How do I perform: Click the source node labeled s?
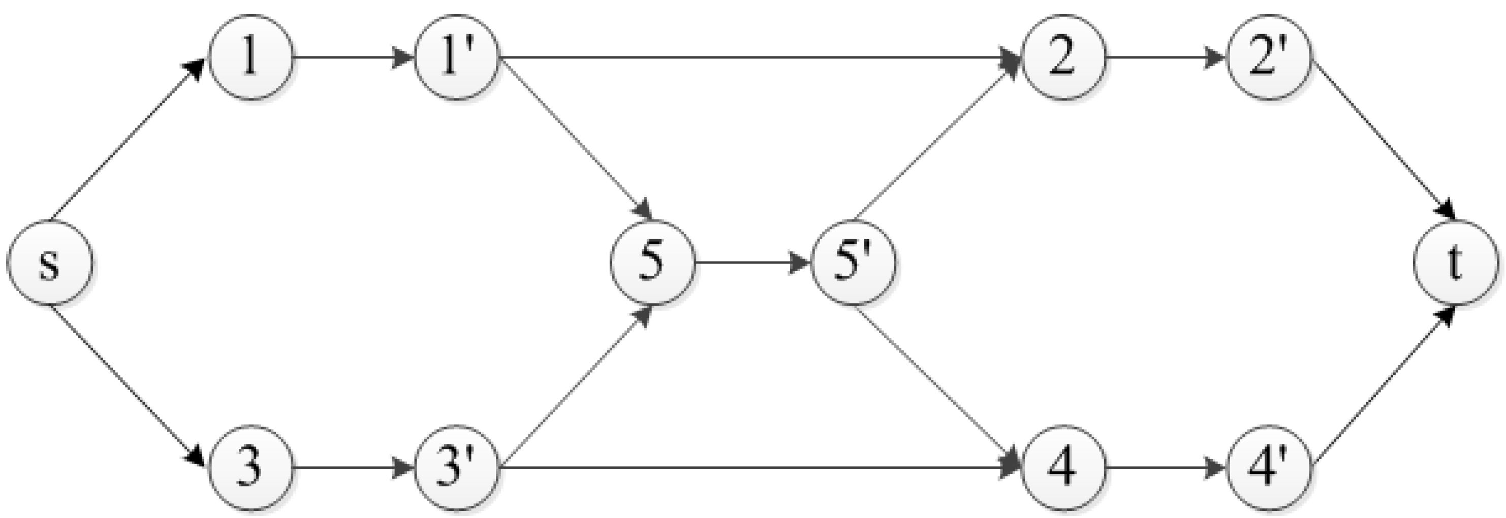[50, 263]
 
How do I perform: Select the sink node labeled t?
[1456, 263]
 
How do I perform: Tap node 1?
[251, 58]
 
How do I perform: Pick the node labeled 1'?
[457, 58]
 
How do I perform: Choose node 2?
[1063, 58]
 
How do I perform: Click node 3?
[251, 468]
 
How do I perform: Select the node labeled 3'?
[457, 468]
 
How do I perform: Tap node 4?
[1063, 468]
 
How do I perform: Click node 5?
[652, 263]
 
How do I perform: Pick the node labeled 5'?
[855, 263]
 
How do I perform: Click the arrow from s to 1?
[129, 140]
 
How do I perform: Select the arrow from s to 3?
[129, 386]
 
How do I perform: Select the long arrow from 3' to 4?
[760, 468]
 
